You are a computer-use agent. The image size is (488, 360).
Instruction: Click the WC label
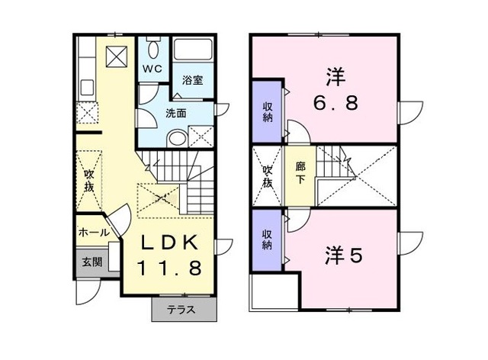(x=152, y=68)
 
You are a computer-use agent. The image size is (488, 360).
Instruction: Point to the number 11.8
(x=170, y=268)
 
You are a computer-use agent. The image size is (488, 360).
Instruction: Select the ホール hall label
(x=93, y=233)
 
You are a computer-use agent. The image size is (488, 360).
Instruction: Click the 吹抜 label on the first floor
(x=89, y=180)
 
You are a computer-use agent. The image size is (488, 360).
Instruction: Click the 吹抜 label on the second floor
(x=268, y=176)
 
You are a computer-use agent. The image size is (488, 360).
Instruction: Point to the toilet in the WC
(x=152, y=50)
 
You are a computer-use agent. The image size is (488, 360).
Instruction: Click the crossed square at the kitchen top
(x=117, y=56)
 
